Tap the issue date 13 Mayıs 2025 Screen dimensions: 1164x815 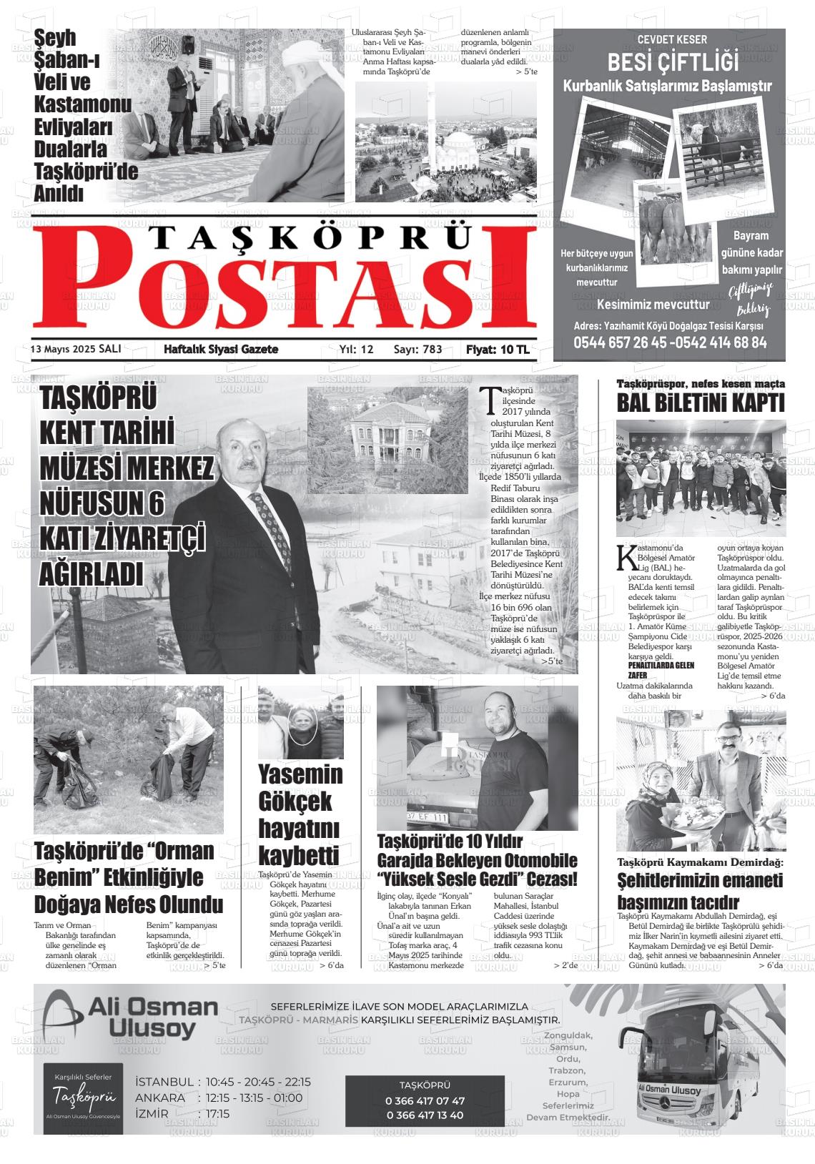[64, 349]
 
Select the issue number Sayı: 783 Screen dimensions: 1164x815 [418, 349]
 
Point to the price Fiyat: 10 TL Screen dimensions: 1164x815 [498, 349]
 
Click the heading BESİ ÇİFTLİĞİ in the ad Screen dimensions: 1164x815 [673, 62]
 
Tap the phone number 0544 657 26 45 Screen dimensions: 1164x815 [619, 342]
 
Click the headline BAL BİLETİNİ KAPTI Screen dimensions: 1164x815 [701, 403]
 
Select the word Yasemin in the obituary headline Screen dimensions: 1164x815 [300, 774]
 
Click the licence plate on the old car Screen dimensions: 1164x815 [428, 817]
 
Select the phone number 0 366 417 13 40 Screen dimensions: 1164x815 [425, 1115]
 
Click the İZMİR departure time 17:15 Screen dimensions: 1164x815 [217, 1113]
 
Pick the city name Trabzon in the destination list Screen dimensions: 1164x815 [567, 1070]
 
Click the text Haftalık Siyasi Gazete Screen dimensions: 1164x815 [221, 349]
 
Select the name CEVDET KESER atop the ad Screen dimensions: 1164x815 [672, 39]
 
